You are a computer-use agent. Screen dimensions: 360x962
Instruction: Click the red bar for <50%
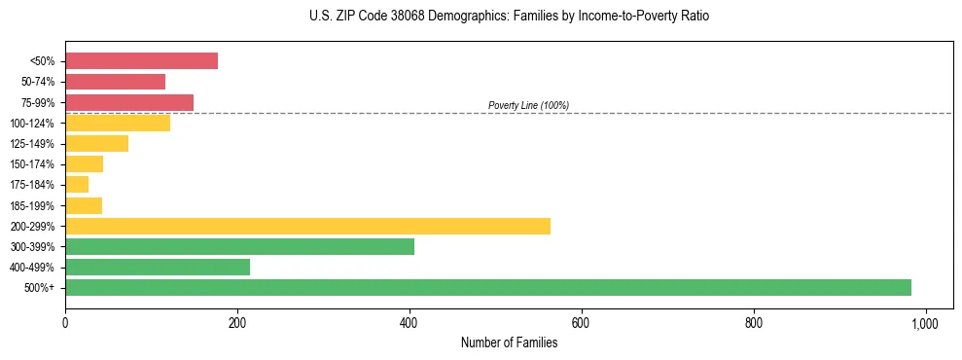pyautogui.click(x=141, y=61)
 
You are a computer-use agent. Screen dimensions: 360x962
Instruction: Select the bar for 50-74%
pyautogui.click(x=115, y=82)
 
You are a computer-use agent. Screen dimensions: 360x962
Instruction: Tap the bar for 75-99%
pyautogui.click(x=129, y=102)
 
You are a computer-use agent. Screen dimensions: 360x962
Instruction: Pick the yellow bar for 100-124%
pyautogui.click(x=118, y=123)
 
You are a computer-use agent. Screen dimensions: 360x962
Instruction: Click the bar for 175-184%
pyautogui.click(x=77, y=185)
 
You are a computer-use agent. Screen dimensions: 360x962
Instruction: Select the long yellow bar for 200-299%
pyautogui.click(x=307, y=226)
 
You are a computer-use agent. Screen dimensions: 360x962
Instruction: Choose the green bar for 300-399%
pyautogui.click(x=239, y=246)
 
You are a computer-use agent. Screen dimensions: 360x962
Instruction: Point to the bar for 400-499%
pyautogui.click(x=158, y=267)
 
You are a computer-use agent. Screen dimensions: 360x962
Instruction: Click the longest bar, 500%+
pyautogui.click(x=488, y=287)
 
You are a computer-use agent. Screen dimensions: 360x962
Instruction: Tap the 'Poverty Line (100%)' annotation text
pyautogui.click(x=528, y=105)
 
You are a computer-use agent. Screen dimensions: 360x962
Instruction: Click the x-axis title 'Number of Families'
pyautogui.click(x=509, y=342)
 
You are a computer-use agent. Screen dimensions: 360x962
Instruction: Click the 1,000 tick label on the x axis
pyautogui.click(x=924, y=322)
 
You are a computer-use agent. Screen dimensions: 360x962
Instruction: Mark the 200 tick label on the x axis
pyautogui.click(x=237, y=322)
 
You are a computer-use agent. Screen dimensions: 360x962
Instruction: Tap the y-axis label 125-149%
pyautogui.click(x=34, y=144)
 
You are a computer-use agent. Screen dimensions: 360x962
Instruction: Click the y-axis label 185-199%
pyautogui.click(x=34, y=206)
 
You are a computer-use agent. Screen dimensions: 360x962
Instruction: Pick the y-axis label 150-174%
pyautogui.click(x=34, y=164)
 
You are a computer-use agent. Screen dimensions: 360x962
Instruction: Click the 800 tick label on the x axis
pyautogui.click(x=753, y=322)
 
